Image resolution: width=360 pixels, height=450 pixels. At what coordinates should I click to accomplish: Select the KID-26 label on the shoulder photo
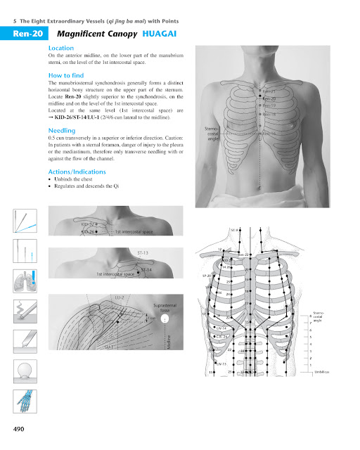(88, 231)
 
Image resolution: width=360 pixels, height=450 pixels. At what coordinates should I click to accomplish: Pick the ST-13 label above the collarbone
(143, 252)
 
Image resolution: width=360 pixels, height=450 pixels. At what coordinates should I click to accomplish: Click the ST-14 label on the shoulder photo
(148, 269)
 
